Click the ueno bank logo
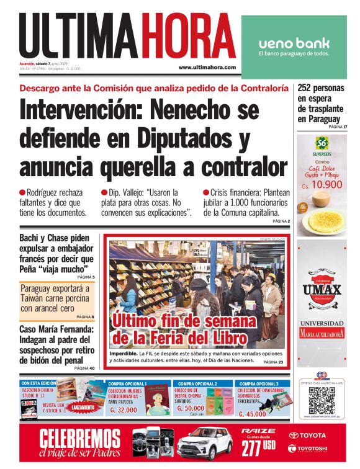tap(294, 43)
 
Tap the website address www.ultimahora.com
tap(207, 67)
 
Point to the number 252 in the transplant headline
tap(308, 88)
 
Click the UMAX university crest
tap(322, 289)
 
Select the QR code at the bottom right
tap(322, 401)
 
